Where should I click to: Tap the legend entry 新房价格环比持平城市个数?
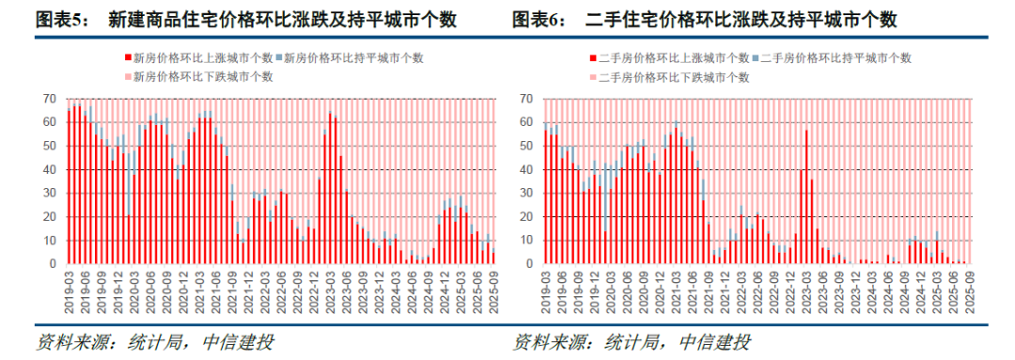click(x=353, y=57)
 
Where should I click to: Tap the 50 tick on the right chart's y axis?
click(x=526, y=146)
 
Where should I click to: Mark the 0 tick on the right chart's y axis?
click(x=530, y=264)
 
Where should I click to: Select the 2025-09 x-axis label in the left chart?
click(x=493, y=290)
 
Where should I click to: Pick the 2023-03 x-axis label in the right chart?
click(x=806, y=290)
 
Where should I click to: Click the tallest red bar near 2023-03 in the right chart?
click(x=805, y=197)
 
